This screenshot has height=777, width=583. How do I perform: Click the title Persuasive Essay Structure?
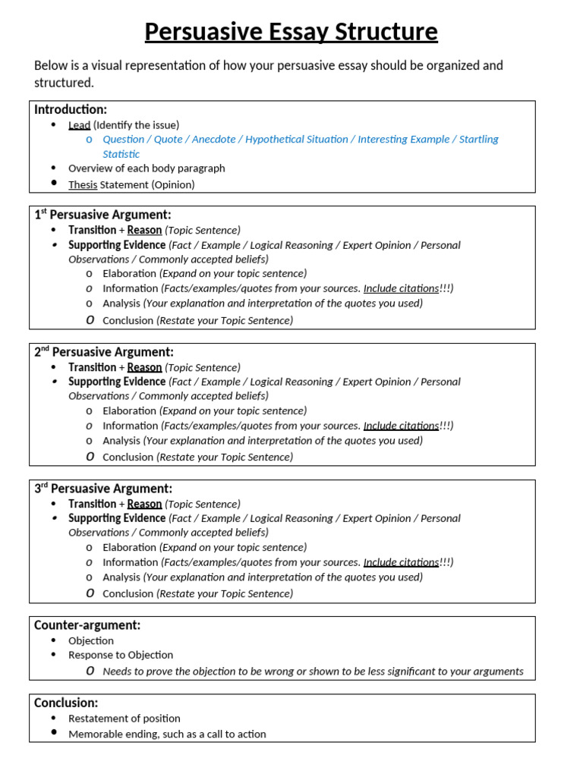(x=291, y=33)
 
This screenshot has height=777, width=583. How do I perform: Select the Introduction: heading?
(x=71, y=109)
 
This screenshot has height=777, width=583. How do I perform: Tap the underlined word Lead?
(x=79, y=124)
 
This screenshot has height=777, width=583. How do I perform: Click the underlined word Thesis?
(x=83, y=184)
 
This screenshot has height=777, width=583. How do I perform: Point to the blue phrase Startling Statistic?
(x=479, y=140)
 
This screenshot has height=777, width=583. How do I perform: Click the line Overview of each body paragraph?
(x=147, y=168)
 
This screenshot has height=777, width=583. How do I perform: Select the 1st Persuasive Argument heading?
(x=102, y=215)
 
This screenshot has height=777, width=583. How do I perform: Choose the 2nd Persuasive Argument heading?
(x=104, y=352)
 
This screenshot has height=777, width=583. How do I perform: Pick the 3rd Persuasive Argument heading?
(x=103, y=489)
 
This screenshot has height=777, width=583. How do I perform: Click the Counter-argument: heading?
(x=87, y=625)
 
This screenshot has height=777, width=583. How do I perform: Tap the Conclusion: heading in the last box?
(x=66, y=703)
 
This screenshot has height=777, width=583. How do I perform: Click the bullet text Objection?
(x=91, y=640)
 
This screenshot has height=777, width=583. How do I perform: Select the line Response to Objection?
(x=121, y=655)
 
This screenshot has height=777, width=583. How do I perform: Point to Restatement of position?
(x=124, y=718)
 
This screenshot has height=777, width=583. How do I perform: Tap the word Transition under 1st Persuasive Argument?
(x=92, y=230)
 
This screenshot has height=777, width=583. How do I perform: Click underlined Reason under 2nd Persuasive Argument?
(x=144, y=367)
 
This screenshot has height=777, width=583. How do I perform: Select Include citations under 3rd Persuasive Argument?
(x=401, y=562)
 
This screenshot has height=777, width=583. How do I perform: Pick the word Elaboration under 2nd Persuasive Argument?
(x=129, y=411)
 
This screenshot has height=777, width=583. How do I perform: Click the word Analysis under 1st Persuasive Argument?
(x=121, y=303)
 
